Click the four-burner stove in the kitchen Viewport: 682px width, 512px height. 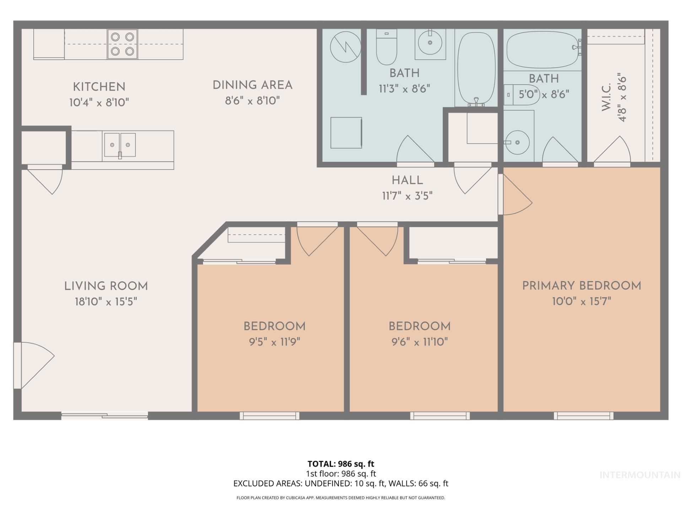[122, 44]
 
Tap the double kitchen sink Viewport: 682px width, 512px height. [120, 145]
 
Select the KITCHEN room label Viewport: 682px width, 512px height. [99, 87]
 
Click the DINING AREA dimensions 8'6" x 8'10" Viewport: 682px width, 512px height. [252, 101]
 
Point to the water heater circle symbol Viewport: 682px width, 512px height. [345, 47]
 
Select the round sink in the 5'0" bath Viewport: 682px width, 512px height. [517, 143]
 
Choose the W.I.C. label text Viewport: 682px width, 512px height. [606, 97]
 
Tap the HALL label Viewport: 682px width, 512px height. [407, 181]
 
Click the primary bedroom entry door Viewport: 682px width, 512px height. [515, 196]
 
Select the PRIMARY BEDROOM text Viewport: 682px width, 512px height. [581, 286]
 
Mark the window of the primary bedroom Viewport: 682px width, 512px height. [583, 415]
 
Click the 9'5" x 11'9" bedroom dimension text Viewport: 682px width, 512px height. [274, 342]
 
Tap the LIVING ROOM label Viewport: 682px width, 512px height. [106, 286]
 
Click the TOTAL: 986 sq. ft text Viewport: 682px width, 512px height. [341, 464]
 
